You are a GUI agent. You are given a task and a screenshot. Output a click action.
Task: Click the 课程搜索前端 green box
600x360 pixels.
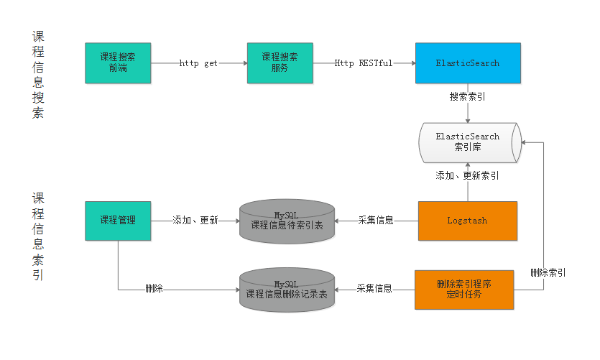coord(118,63)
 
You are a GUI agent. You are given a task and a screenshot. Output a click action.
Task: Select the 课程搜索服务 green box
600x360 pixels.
coord(280,63)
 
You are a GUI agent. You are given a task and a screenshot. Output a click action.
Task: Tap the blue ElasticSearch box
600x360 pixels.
coord(467,63)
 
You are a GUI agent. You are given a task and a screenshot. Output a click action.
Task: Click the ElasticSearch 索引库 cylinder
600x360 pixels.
coord(468,142)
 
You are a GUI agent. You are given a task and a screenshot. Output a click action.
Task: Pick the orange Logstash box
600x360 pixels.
coord(467,221)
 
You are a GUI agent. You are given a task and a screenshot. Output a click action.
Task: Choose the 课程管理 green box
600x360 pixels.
coord(118,221)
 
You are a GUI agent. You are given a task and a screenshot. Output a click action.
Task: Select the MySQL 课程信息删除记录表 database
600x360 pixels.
coord(287,290)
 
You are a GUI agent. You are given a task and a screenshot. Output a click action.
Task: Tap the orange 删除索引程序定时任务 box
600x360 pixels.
coord(465,290)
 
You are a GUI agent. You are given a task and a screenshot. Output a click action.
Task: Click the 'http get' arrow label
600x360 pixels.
coord(198,63)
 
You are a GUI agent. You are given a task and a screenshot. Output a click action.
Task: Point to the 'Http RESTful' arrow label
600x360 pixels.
coord(364,63)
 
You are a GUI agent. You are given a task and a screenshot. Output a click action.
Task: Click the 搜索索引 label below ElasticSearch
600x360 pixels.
coord(468,96)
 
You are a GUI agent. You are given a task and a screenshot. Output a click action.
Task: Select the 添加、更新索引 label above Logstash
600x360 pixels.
coord(468,175)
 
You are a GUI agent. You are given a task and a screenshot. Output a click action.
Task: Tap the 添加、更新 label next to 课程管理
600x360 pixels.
coord(195,221)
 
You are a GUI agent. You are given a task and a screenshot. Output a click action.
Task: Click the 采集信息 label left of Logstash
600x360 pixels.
coord(376,221)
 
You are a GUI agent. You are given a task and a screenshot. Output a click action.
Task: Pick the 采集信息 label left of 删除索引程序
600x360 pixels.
coord(374,289)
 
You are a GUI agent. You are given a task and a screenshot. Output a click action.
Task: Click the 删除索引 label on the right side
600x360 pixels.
coord(548,272)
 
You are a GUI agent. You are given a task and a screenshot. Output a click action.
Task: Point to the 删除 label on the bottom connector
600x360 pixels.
coord(154,289)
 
